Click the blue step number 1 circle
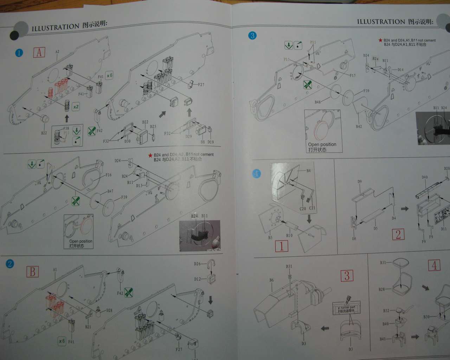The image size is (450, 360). click(19, 53)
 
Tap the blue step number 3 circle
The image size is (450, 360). click(252, 36)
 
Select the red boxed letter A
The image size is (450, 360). click(39, 52)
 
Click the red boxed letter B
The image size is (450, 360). click(32, 271)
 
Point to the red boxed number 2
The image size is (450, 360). click(398, 234)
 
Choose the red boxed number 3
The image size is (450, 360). click(347, 276)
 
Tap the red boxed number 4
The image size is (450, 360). click(434, 265)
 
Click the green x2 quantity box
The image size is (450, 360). click(76, 107)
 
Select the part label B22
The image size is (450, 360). click(44, 133)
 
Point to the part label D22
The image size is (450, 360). click(145, 122)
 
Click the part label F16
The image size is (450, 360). click(108, 175)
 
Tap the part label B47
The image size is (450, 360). click(110, 192)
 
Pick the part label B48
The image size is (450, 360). click(317, 102)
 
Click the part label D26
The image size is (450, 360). click(197, 264)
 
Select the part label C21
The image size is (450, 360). click(312, 208)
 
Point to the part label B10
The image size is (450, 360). click(289, 235)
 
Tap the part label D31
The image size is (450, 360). click(289, 266)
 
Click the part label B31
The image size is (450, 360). click(383, 263)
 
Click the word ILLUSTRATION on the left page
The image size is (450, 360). click(55, 27)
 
